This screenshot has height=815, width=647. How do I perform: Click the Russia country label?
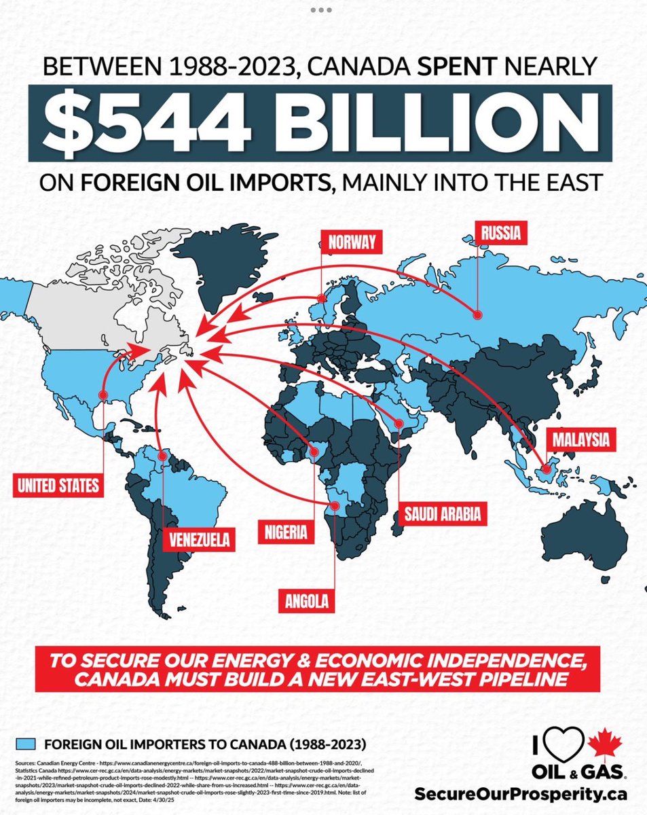point(502,234)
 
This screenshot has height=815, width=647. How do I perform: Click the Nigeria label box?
point(287,530)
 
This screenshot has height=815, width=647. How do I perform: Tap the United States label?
point(58,485)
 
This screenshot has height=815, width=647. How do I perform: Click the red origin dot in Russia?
point(477,315)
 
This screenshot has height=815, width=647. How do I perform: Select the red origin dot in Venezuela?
point(162,456)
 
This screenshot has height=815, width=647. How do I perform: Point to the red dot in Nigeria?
point(314,452)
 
